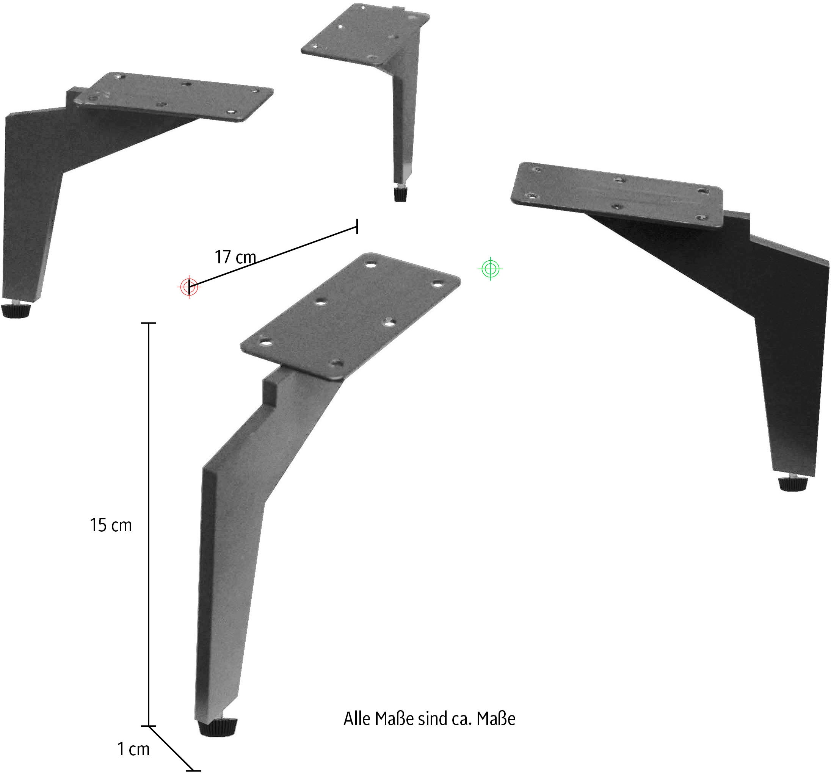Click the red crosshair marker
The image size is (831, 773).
click(189, 286)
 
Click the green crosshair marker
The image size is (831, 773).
click(490, 268)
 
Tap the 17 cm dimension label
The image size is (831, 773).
click(235, 257)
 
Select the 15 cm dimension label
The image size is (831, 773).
click(111, 525)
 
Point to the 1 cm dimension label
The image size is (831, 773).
click(133, 749)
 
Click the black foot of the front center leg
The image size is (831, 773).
click(217, 728)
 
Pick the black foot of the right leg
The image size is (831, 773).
click(793, 484)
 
